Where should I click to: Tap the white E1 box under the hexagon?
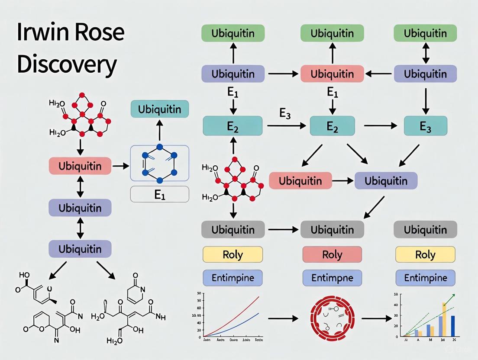[x=160, y=194]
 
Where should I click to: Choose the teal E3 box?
[x=425, y=126]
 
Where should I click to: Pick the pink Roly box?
[x=332, y=255]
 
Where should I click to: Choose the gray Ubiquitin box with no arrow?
[x=425, y=229]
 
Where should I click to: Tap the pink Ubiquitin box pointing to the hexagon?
[x=80, y=166]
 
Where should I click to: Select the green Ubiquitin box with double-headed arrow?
[x=425, y=33]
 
